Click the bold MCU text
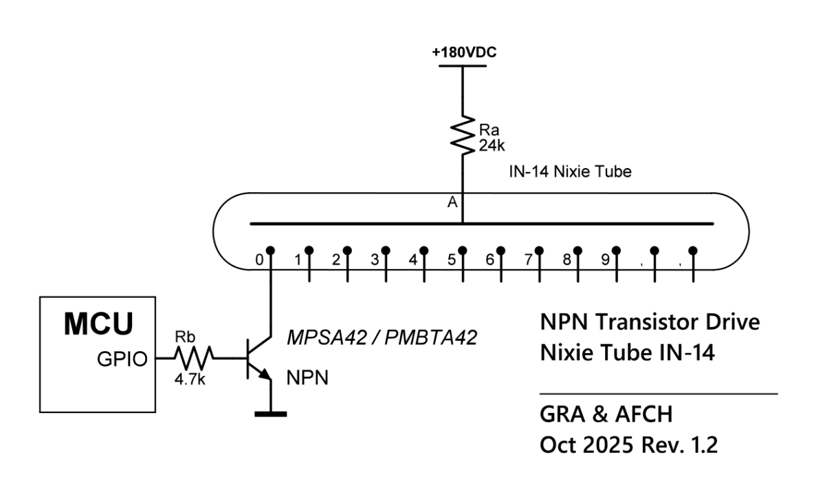click(100, 325)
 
